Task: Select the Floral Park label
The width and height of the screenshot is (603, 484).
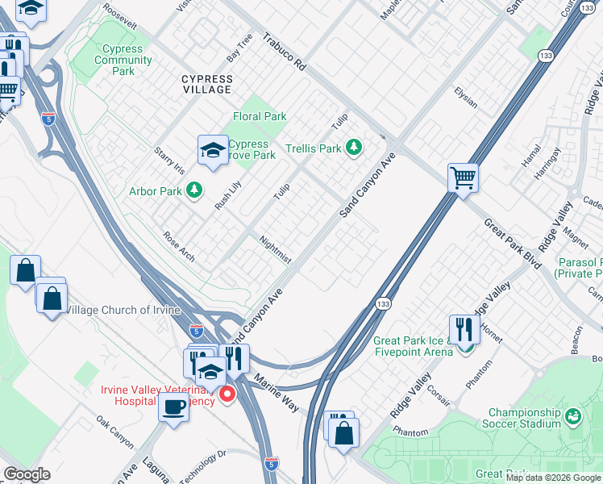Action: [260, 116]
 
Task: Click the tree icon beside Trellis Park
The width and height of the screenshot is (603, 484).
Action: [352, 148]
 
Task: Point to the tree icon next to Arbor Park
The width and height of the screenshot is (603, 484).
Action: [193, 190]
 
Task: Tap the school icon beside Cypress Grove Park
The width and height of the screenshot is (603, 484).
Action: [213, 150]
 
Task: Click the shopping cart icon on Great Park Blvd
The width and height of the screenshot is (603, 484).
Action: [464, 177]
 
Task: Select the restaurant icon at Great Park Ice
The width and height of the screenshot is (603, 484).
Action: [464, 329]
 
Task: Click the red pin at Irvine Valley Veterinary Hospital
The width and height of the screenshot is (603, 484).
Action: [227, 394]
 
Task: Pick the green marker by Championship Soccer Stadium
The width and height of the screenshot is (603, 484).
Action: [572, 416]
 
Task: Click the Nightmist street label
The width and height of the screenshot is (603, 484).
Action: [275, 248]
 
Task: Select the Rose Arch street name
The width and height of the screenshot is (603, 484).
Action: [179, 247]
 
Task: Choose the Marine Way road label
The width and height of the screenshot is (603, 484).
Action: [277, 392]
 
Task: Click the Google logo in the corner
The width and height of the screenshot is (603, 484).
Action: [27, 474]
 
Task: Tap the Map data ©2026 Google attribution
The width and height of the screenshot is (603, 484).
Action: [553, 478]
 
